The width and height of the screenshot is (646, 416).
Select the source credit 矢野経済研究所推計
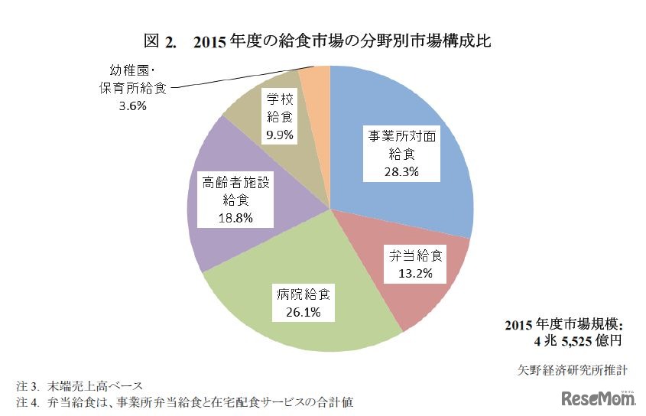[573, 369]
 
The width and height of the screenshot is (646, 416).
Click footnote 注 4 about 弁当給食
[184, 400]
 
